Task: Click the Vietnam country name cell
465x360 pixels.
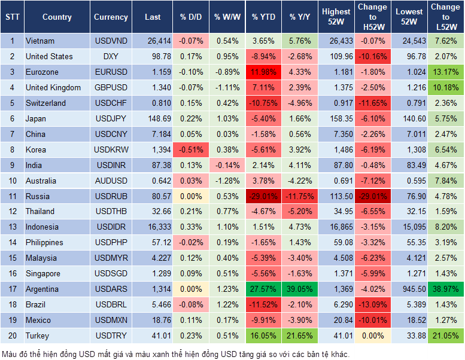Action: pos(40,41)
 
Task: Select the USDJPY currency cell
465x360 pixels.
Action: pos(111,118)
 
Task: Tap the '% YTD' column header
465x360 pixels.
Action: pos(263,17)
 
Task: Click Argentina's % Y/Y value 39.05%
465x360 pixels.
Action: pos(300,289)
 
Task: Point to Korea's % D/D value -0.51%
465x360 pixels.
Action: pos(190,150)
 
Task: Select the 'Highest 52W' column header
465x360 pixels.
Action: pos(336,17)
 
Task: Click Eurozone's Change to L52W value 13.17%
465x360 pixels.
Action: pos(445,72)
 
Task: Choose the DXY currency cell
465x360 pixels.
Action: pos(111,56)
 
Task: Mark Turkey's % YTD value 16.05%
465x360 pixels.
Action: pos(263,335)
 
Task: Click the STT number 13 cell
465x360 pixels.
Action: pos(12,227)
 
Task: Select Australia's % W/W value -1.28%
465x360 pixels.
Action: pos(226,181)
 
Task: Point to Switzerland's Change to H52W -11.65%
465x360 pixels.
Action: pos(372,103)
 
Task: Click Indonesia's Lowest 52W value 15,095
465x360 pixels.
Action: pos(410,227)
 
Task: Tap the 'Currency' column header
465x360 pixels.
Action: pos(111,17)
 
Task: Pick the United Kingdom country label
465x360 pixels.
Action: pos(53,87)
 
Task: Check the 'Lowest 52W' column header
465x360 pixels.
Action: pos(410,17)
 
